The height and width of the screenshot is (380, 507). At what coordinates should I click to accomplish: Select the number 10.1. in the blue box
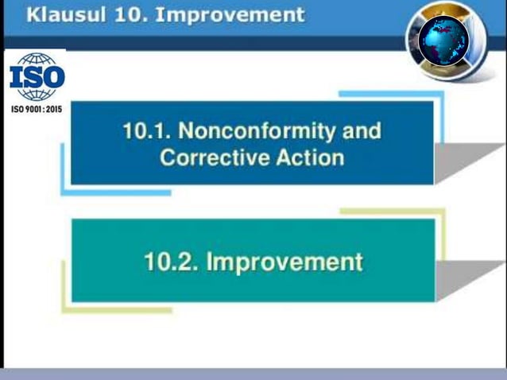click(149, 130)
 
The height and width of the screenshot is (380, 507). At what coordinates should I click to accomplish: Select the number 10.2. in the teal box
click(170, 262)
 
